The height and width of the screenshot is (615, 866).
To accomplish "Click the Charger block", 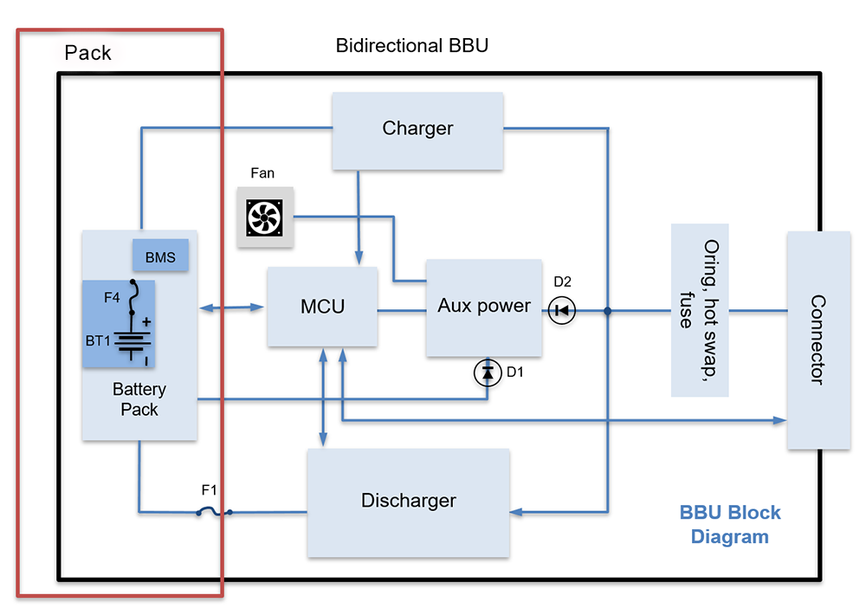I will [417, 130].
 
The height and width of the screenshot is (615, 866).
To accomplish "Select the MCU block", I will [322, 307].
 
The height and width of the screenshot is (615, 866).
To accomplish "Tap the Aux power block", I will [484, 307].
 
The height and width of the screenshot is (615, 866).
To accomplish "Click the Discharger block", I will [408, 502].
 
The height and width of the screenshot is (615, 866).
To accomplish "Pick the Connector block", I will [818, 340].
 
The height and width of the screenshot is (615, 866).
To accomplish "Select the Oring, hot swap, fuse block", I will [699, 309].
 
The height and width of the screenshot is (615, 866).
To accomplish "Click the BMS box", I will [160, 256].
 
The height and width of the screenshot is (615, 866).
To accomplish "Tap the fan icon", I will [266, 217].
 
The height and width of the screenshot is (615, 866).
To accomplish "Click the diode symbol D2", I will [561, 310].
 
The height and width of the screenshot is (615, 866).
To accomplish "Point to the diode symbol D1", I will [487, 372].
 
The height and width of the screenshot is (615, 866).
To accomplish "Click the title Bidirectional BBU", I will [411, 45].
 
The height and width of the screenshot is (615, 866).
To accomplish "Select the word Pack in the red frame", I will [87, 53].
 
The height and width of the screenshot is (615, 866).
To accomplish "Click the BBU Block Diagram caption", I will [729, 524].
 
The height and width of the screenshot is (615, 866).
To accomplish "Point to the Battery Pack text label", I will [139, 399].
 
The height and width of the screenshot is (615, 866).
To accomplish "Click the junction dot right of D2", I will [608, 310].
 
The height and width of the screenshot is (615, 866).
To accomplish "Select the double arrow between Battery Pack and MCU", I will [232, 307].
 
